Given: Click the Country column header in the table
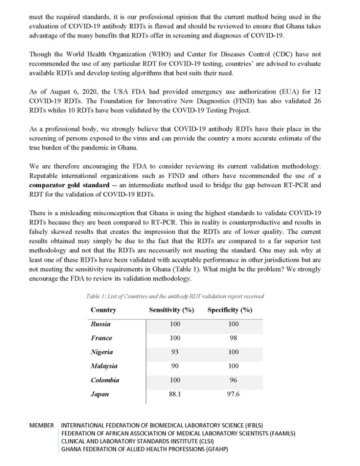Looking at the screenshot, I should [103, 310].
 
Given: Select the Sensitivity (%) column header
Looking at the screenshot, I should [171, 310].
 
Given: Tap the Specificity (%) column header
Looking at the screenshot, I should [230, 310].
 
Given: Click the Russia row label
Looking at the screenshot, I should [101, 324].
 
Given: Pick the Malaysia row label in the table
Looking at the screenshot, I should [104, 366].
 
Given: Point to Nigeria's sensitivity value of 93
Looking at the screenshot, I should [174, 352].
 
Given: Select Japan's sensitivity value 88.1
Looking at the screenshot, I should [174, 394].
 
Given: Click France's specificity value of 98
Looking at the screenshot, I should [233, 338].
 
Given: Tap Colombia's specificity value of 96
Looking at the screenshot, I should [233, 380].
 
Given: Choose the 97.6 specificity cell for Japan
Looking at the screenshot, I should [233, 394].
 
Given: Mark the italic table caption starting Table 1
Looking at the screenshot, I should [175, 296].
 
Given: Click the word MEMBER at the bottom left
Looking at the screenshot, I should [41, 425].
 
